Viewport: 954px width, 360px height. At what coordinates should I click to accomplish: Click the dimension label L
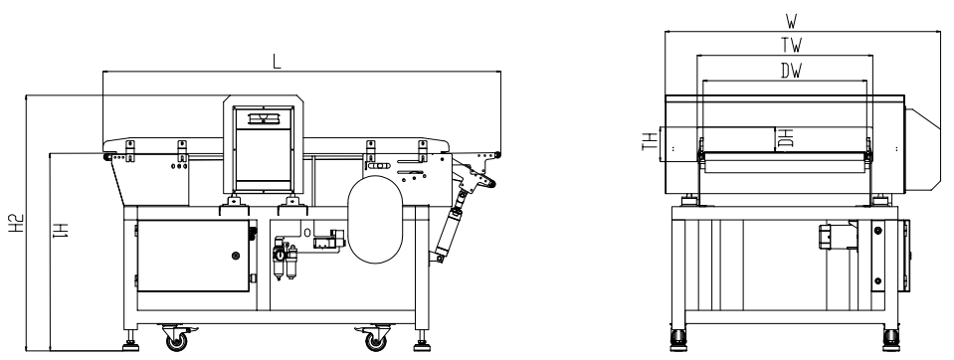[277, 62]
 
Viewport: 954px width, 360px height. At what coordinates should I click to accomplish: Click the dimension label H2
[17, 223]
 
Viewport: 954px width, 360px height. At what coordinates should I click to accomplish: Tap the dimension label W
[791, 22]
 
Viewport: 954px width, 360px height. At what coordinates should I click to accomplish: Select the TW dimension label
[792, 45]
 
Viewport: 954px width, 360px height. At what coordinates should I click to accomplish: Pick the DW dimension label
[792, 72]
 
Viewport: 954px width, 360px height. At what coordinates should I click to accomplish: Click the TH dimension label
[650, 141]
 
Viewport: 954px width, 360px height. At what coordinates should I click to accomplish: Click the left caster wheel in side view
[176, 339]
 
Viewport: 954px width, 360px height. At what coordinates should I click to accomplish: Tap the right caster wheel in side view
[375, 339]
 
